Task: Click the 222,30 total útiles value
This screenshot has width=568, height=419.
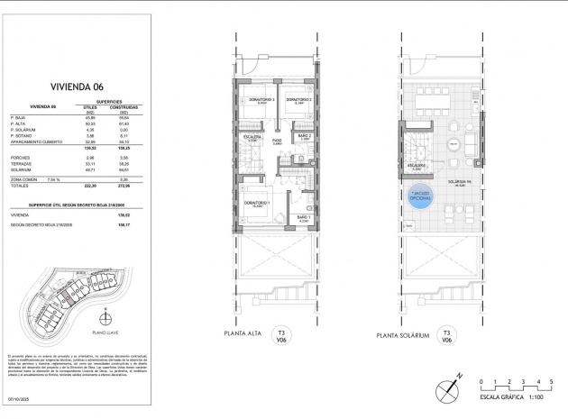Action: click(89, 185)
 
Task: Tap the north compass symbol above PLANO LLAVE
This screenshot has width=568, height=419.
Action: click(106, 315)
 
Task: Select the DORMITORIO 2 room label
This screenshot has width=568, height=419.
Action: click(298, 99)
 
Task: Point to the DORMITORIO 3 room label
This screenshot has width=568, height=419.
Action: click(261, 99)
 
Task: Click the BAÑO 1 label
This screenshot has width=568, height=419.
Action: click(303, 217)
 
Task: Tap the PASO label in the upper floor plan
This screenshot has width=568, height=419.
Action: click(278, 141)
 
